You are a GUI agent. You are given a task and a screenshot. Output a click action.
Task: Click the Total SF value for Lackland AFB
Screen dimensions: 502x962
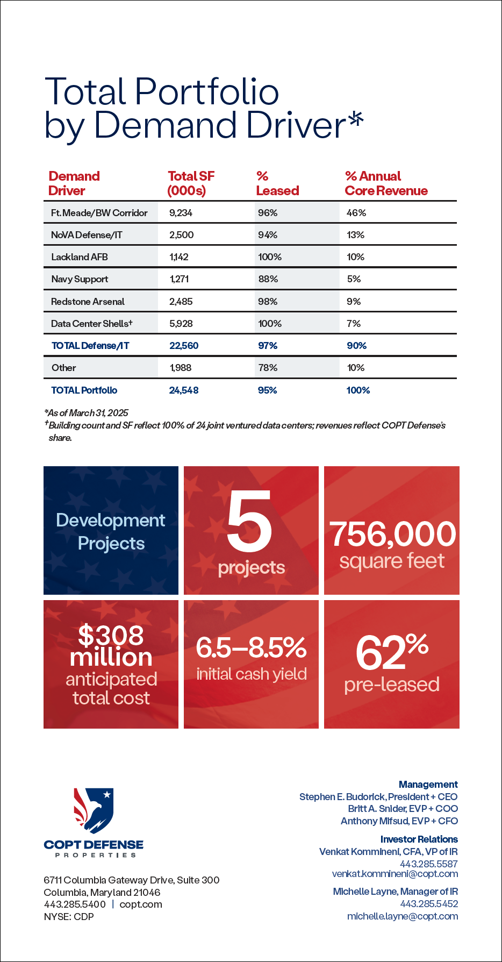click(179, 257)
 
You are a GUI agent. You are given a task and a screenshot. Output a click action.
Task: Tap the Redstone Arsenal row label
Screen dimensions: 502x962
click(88, 302)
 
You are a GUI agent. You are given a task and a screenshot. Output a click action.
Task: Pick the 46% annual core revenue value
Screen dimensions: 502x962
click(356, 213)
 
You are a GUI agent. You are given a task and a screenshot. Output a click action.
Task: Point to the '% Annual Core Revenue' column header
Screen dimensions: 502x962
click(386, 183)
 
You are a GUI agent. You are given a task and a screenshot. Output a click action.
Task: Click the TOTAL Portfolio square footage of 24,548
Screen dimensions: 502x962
click(184, 390)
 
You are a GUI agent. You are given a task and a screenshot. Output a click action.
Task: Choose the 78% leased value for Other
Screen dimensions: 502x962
click(268, 368)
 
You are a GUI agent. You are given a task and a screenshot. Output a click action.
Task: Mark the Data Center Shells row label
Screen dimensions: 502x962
click(92, 324)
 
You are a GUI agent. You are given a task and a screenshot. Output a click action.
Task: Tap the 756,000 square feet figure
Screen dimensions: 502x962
click(392, 534)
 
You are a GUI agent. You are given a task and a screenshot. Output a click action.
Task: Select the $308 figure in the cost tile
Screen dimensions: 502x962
click(111, 635)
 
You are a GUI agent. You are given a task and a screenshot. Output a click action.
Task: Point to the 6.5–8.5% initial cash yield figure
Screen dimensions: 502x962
click(251, 648)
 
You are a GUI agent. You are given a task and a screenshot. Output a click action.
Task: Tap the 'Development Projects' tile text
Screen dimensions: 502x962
click(111, 532)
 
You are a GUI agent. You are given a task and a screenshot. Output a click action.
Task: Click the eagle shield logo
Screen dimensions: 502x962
click(94, 811)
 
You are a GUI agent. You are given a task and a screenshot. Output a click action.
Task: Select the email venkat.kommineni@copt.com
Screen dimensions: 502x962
click(395, 874)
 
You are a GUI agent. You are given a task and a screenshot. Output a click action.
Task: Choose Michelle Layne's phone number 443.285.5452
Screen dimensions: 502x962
click(429, 904)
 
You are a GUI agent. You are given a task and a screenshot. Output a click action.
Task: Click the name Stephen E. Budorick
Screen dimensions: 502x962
click(342, 797)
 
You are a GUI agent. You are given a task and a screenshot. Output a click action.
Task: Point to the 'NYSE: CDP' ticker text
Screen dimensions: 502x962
click(69, 917)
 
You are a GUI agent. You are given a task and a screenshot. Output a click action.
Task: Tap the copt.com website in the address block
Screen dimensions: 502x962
click(141, 904)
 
